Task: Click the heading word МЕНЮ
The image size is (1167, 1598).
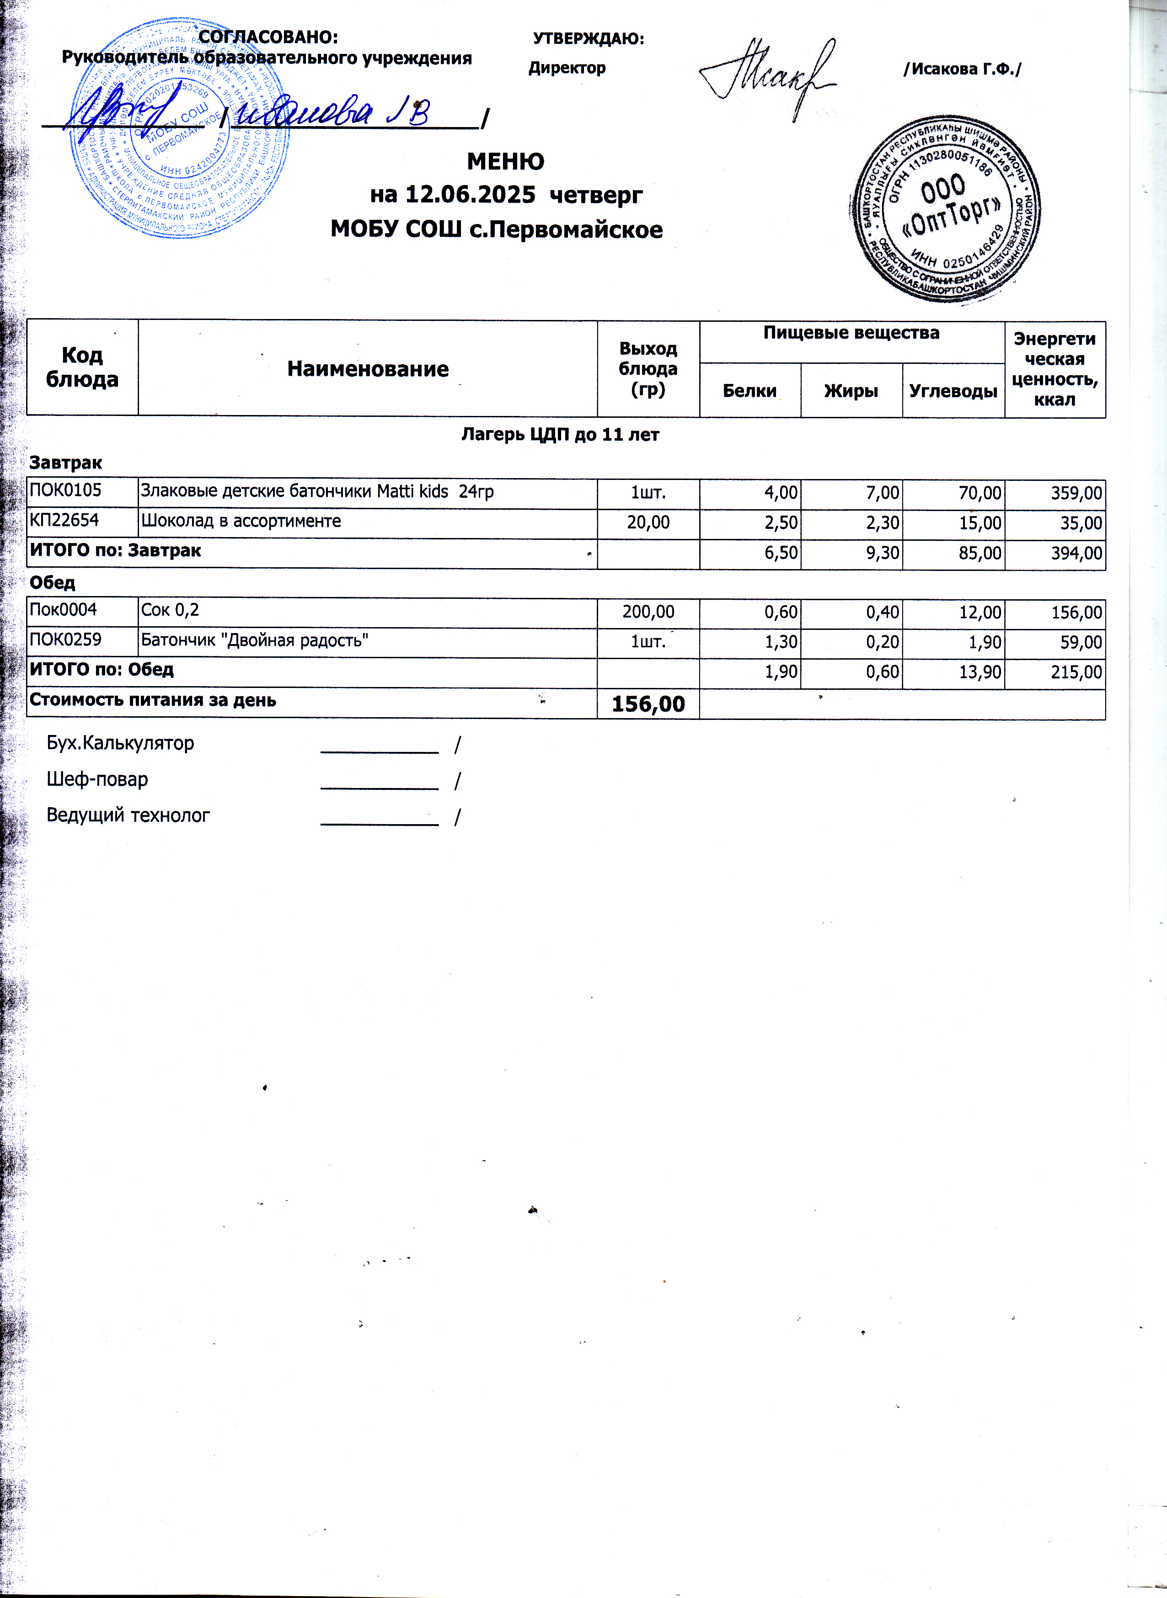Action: [x=505, y=162]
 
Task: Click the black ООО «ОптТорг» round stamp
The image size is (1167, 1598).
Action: [x=944, y=208]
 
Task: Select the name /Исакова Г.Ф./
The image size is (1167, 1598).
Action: [x=962, y=69]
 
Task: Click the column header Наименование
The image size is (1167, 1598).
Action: [x=367, y=368]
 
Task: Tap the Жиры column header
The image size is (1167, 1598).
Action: [x=851, y=390]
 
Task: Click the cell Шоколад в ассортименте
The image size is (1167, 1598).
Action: [x=241, y=521]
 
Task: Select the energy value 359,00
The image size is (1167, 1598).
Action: [x=1076, y=493]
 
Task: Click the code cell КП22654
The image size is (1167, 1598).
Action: [x=64, y=521]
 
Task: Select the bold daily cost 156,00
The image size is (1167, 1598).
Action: [x=648, y=703]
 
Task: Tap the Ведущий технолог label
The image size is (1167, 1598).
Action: [x=128, y=815]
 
